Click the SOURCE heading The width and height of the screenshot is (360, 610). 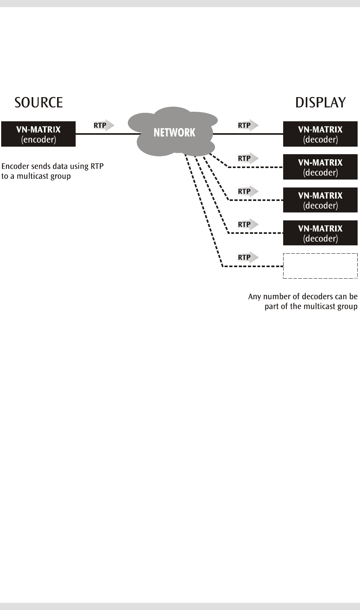tap(39, 103)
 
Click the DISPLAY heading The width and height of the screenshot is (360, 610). tap(320, 103)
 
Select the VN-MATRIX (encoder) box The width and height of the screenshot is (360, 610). tap(38, 134)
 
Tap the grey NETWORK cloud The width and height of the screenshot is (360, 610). tap(173, 132)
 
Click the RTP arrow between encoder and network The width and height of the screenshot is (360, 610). tap(104, 125)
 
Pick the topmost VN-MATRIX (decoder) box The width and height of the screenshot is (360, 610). tap(320, 134)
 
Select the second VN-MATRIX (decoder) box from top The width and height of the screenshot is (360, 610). tap(320, 167)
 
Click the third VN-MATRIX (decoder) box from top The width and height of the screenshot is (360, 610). tap(320, 200)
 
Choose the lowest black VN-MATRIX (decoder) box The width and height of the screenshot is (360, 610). tap(320, 233)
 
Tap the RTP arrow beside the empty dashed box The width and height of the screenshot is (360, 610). tap(248, 257)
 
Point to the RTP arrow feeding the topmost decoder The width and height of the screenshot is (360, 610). tap(248, 125)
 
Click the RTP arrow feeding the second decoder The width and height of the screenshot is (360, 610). tap(248, 158)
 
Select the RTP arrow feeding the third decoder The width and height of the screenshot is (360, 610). tap(248, 191)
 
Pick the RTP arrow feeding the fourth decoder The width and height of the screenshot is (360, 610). tap(248, 224)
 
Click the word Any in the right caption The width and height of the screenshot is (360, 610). tap(254, 297)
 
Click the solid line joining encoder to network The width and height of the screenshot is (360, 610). tap(109, 134)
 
